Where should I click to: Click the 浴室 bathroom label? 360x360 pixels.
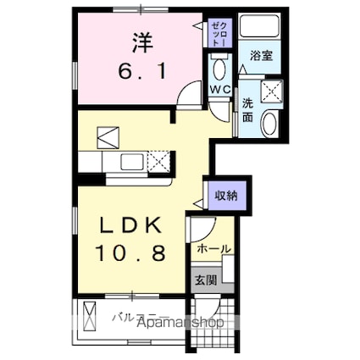[x=262, y=56]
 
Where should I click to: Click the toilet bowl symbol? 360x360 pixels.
[x=219, y=65]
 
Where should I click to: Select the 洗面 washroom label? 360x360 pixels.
[x=248, y=109]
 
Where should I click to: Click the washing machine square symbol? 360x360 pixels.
[x=273, y=91]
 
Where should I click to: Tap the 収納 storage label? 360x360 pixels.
[x=226, y=195]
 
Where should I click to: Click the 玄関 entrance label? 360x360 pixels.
[x=207, y=280]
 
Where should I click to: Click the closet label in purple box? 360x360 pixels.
[x=219, y=35]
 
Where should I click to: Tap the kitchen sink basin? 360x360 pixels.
[x=134, y=161]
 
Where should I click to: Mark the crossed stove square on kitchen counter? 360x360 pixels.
[x=159, y=161]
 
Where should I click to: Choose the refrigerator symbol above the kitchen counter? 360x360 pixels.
[x=108, y=136]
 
